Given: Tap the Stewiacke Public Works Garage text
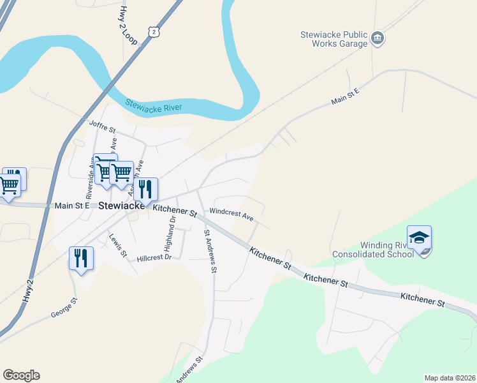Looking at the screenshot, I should point(334,40).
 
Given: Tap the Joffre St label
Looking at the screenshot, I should point(102,126).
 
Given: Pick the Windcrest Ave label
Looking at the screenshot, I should point(231,214).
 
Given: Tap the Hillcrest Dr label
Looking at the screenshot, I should point(154,259).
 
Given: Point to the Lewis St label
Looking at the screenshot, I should point(118,245).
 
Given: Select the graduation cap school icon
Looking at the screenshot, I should point(419,238).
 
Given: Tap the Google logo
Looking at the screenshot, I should point(21,375).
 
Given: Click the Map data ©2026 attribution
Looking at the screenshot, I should point(449,378).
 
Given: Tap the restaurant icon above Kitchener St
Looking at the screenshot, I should point(146,190).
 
